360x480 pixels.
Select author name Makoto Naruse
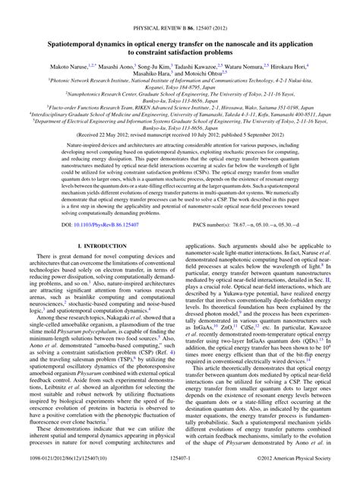[59, 47]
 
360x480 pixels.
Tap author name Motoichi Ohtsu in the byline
[201, 55]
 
